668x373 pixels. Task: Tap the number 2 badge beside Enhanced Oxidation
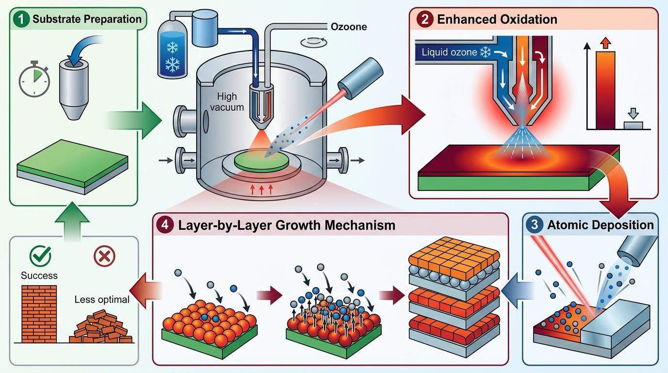424,20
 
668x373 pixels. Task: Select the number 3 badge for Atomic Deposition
534,225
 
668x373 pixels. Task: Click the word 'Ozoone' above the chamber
348,27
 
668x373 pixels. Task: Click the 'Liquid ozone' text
449,52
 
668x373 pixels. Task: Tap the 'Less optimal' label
102,299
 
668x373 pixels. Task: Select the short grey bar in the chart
633,125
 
